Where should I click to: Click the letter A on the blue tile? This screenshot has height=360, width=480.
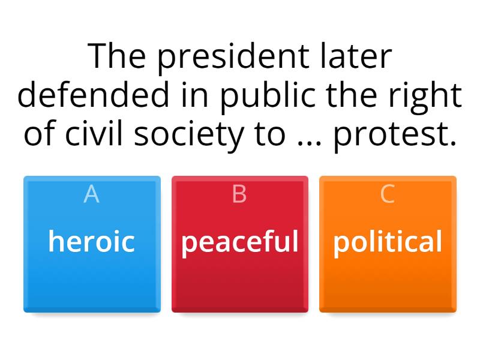pyautogui.click(x=91, y=194)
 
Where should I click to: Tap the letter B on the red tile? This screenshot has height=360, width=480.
pyautogui.click(x=239, y=194)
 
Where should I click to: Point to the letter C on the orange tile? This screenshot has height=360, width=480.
pyautogui.click(x=388, y=194)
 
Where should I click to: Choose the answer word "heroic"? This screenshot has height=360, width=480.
pyautogui.click(x=91, y=242)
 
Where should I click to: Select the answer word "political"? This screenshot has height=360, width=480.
pyautogui.click(x=388, y=242)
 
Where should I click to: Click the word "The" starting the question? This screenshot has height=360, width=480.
pyautogui.click(x=117, y=58)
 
